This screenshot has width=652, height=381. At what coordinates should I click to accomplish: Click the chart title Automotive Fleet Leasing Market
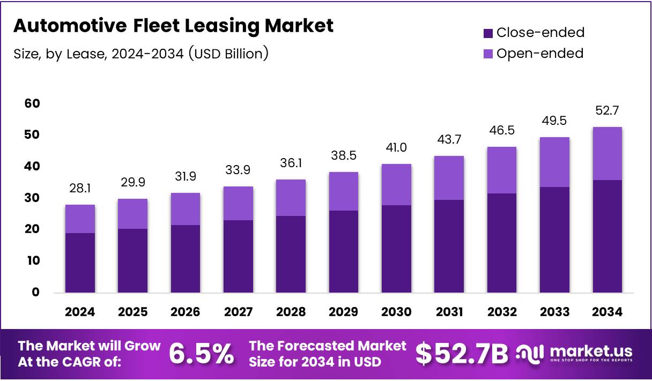coord(173,26)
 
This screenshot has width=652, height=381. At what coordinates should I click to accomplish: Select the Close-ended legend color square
coord(488,33)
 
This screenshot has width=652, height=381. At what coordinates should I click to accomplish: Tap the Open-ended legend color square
coord(488,54)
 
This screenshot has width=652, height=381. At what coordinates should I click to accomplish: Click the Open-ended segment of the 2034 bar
coord(607,153)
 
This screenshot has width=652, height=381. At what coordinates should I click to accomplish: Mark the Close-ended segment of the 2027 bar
coord(238,256)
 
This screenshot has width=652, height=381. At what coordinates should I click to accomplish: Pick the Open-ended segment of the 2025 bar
coord(132,214)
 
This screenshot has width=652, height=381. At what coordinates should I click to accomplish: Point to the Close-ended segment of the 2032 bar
coord(501,243)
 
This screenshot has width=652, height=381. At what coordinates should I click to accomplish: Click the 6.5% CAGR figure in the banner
coord(201,354)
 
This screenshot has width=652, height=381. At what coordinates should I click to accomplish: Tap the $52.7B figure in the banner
coord(462,354)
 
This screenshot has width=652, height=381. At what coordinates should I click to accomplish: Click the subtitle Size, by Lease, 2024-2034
coord(141,54)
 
